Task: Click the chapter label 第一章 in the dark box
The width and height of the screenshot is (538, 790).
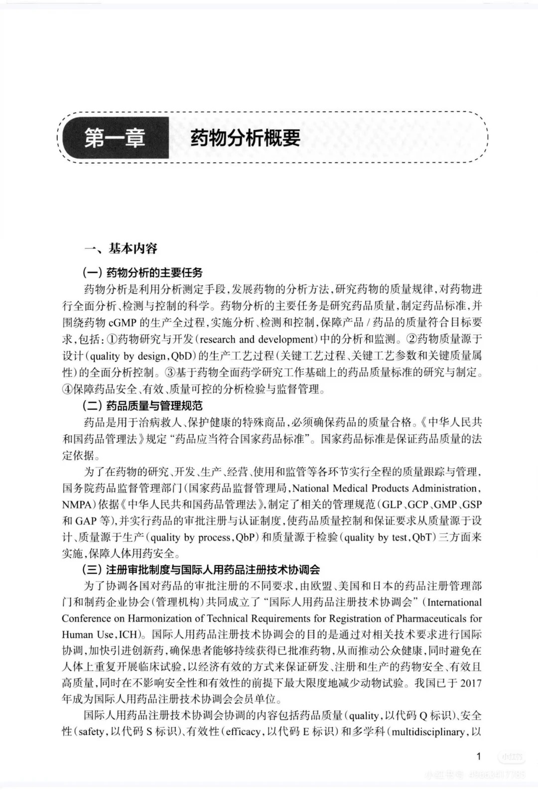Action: [x=115, y=138]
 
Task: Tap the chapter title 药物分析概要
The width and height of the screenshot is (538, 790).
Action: [x=245, y=138]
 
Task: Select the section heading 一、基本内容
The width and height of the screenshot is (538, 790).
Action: [x=121, y=248]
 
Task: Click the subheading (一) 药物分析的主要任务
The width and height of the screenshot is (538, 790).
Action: [x=142, y=272]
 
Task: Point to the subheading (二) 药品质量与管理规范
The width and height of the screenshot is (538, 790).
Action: [x=142, y=406]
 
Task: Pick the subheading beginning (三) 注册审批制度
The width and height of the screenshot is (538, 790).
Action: [x=201, y=570]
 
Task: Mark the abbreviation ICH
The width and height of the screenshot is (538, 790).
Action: [x=130, y=635]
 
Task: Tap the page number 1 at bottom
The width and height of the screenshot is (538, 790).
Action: [x=479, y=757]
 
